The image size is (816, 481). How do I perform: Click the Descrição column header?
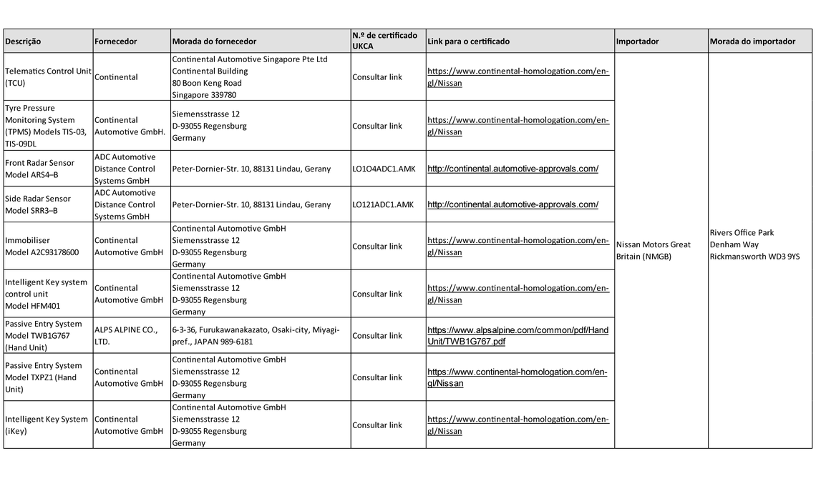(x=24, y=41)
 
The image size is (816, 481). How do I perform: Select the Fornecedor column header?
(x=115, y=41)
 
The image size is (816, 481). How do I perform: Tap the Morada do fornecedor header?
(x=214, y=41)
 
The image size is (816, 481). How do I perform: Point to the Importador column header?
(x=637, y=41)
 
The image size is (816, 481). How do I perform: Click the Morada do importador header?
(x=752, y=41)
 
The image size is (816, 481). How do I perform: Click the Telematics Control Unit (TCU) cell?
(x=48, y=77)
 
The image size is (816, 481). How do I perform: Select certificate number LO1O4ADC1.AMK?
(x=383, y=169)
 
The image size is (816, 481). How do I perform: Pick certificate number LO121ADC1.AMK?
(x=383, y=204)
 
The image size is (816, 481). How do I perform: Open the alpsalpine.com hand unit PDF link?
(x=518, y=336)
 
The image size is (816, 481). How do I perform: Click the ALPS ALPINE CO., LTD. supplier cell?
(x=126, y=336)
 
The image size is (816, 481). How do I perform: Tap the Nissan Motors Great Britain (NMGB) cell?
(x=653, y=250)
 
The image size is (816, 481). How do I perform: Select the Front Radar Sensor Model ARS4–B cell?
(x=39, y=169)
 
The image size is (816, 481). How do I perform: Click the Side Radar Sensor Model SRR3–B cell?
(x=38, y=204)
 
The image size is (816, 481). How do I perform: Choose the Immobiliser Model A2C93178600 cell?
(x=42, y=247)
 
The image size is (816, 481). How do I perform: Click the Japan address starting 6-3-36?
(x=256, y=336)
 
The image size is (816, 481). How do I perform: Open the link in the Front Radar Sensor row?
(x=513, y=169)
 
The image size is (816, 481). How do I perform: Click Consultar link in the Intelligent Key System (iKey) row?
(x=377, y=425)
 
